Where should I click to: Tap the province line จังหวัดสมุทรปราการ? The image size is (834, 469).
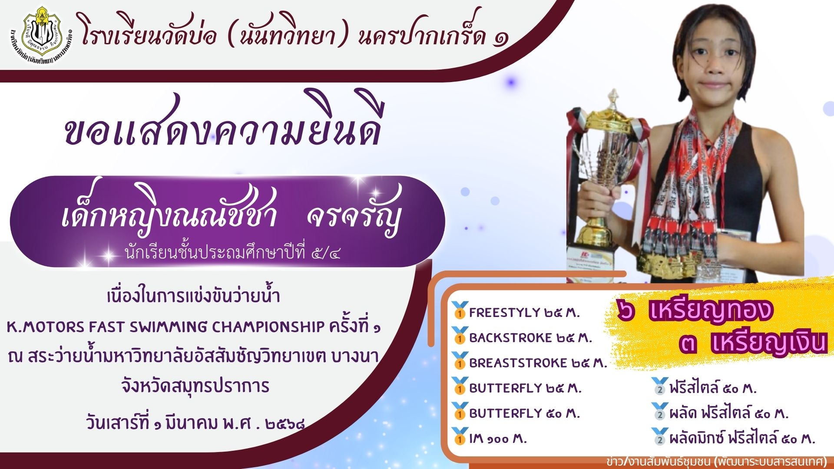coord(195,386)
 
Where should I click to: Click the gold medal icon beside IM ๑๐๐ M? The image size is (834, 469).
coord(459,436)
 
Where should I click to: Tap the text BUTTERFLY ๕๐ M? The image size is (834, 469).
coord(524,413)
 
